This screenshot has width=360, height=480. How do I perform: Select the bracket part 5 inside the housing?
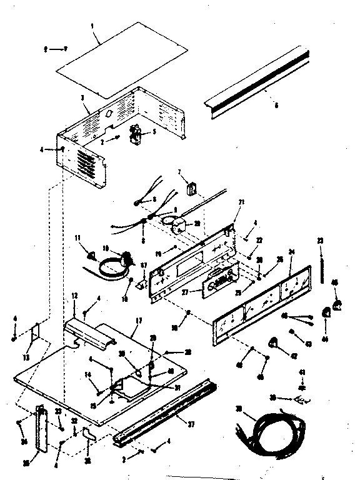pos(134,134)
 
